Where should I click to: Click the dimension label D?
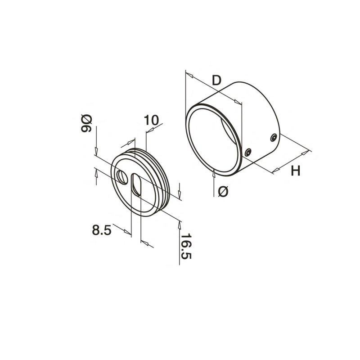(x=216, y=81)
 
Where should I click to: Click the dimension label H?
(x=296, y=171)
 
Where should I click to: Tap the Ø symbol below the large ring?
(x=223, y=192)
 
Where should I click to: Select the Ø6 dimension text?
(x=86, y=123)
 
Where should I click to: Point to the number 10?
(x=151, y=120)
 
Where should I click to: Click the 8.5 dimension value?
(x=102, y=230)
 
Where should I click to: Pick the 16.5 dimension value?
(x=186, y=247)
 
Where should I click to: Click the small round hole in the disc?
(x=122, y=177)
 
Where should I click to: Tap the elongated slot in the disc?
(x=136, y=185)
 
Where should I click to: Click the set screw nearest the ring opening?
(x=248, y=152)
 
